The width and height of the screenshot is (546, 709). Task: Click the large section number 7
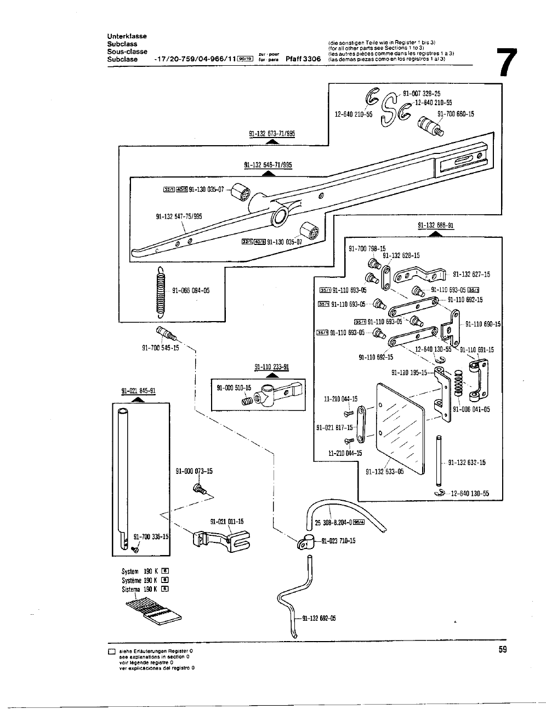505,64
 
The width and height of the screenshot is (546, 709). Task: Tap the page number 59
503,650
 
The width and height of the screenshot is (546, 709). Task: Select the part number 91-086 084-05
191,291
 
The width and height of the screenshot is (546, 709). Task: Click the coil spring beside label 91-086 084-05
161,292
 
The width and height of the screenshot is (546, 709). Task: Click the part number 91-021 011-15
227,521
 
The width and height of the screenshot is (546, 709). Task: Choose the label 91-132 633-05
384,471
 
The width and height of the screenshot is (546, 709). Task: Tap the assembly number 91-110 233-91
272,367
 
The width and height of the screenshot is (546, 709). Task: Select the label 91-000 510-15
234,388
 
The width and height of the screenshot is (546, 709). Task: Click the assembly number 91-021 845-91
138,391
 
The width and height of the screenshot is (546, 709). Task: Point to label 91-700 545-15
161,348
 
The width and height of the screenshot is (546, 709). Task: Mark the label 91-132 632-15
467,462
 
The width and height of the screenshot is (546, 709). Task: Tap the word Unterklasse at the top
127,36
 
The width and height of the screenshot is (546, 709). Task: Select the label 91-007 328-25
422,94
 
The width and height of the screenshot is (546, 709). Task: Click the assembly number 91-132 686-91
436,225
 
